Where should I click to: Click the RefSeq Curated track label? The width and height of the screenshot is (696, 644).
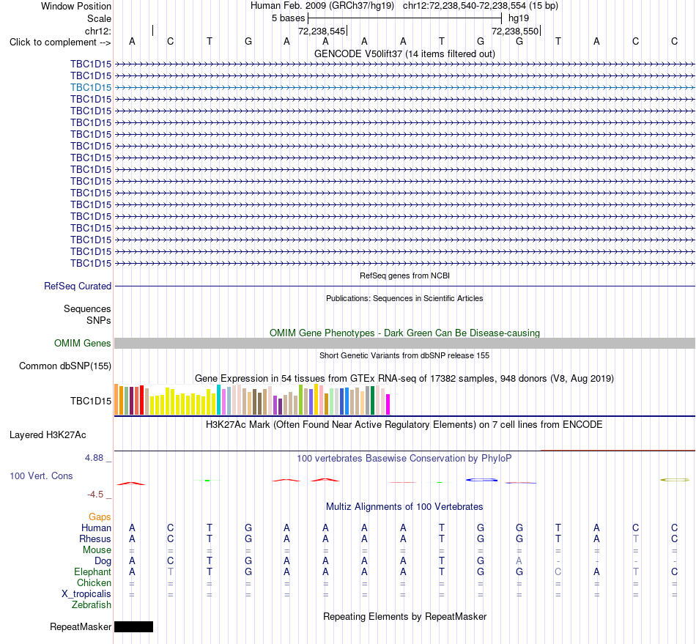click(78, 286)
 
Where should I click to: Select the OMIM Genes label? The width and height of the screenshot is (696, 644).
click(83, 343)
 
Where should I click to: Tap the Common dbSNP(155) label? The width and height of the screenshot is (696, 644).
click(65, 366)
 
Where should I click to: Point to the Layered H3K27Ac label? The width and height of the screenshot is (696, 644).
click(48, 435)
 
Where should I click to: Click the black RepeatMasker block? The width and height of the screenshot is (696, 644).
click(133, 626)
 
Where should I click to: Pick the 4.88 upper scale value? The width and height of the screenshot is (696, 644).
click(94, 458)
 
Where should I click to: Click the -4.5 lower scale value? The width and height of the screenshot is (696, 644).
click(95, 495)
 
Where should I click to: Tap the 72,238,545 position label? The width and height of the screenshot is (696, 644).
click(322, 31)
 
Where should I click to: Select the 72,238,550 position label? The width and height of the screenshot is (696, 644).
click(515, 31)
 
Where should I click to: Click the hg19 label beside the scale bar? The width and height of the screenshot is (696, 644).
click(519, 18)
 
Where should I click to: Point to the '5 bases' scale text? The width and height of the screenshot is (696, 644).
click(289, 18)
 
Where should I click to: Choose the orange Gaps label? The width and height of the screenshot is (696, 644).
click(100, 517)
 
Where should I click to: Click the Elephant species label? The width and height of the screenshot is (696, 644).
click(93, 571)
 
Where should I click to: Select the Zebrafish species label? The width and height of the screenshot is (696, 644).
click(92, 605)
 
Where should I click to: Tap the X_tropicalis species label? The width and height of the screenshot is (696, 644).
click(86, 594)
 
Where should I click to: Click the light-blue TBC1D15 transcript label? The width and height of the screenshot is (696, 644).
click(91, 87)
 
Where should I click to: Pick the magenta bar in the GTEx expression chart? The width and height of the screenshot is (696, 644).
click(388, 404)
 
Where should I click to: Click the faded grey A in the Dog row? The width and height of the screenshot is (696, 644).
click(519, 561)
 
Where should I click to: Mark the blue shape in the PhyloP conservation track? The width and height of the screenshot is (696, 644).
click(481, 480)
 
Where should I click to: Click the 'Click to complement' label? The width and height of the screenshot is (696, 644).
click(60, 42)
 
